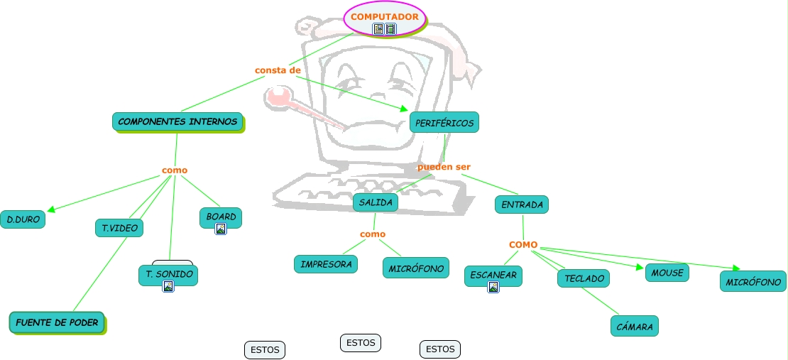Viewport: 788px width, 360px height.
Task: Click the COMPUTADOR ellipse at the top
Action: click(x=385, y=18)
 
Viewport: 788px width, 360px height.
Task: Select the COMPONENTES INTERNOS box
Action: click(x=177, y=121)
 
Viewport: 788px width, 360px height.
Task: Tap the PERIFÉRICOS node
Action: click(x=444, y=123)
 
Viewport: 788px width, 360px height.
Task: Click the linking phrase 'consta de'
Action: click(x=278, y=70)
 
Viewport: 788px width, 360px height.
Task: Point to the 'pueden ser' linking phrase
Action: click(x=444, y=167)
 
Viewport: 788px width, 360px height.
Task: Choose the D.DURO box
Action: click(x=22, y=219)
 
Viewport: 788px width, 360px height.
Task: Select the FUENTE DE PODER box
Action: click(x=57, y=322)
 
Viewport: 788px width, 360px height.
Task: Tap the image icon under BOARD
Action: click(x=221, y=229)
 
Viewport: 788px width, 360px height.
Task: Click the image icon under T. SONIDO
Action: click(x=168, y=286)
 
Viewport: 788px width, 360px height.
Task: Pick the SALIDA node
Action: click(x=376, y=202)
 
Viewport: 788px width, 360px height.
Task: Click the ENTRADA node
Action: click(x=522, y=204)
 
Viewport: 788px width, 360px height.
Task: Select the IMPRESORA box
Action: click(x=326, y=264)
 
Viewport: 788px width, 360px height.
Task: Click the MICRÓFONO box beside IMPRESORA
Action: click(x=416, y=268)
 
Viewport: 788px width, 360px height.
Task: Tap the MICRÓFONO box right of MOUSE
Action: click(x=753, y=281)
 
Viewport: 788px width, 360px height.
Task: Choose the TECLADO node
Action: click(x=584, y=278)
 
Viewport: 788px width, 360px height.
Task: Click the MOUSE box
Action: click(x=667, y=273)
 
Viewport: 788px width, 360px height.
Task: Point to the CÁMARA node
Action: click(x=635, y=326)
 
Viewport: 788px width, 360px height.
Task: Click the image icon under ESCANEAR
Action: click(x=493, y=287)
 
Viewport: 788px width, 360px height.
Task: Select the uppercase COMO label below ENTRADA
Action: click(x=523, y=245)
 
